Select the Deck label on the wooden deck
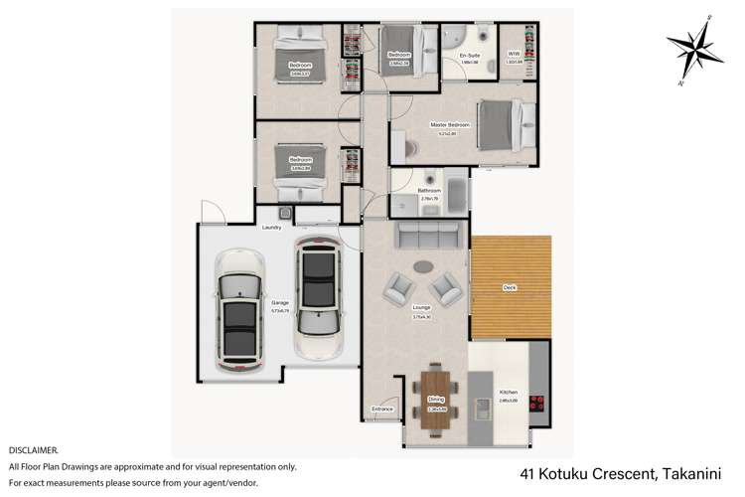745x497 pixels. pyautogui.click(x=510, y=288)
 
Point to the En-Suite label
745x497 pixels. pyautogui.click(x=470, y=55)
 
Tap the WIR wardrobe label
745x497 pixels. pyautogui.click(x=514, y=55)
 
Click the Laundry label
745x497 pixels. pyautogui.click(x=272, y=228)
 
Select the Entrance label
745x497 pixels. pyautogui.click(x=382, y=409)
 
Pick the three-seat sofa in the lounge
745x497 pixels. pyautogui.click(x=429, y=237)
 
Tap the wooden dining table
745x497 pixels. pyautogui.click(x=435, y=401)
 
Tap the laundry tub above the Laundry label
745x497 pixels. pyautogui.click(x=285, y=212)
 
